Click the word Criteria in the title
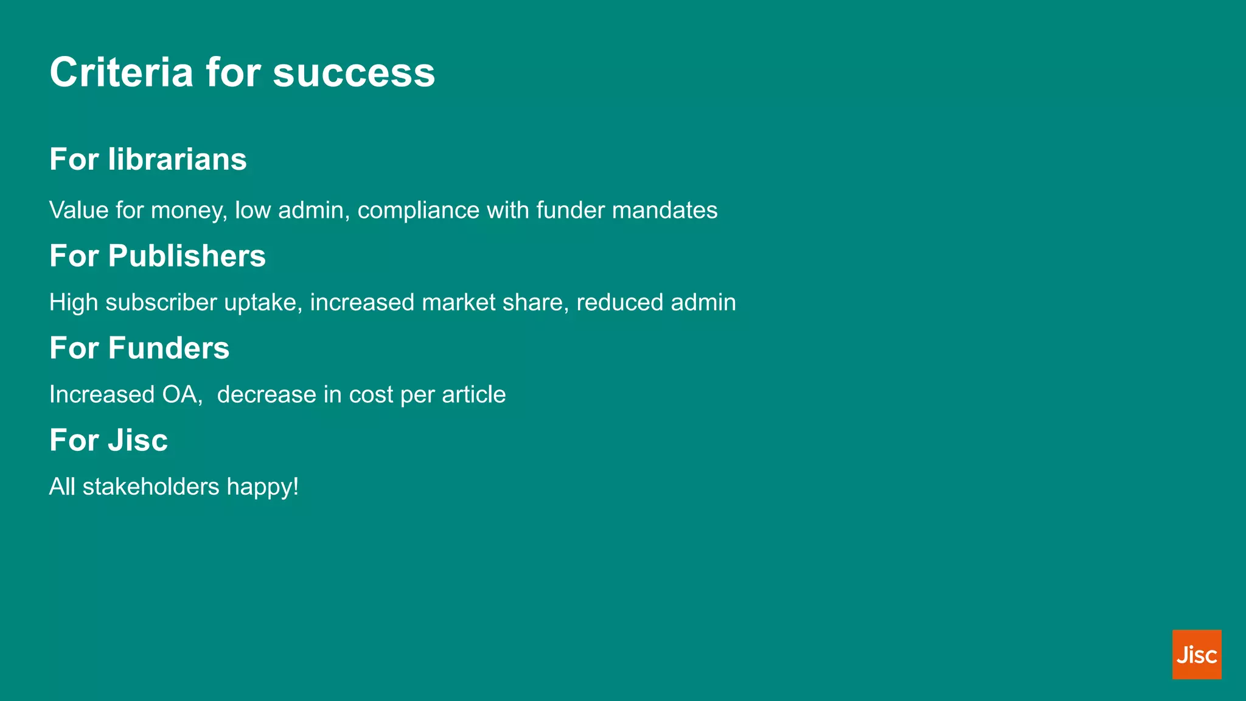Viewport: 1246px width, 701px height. pyautogui.click(x=121, y=72)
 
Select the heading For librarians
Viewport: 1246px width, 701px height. pyautogui.click(x=148, y=159)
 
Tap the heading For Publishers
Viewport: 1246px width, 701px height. pyautogui.click(x=158, y=256)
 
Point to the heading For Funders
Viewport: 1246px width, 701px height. pyautogui.click(x=139, y=348)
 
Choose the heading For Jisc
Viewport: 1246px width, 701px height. pyautogui.click(x=108, y=440)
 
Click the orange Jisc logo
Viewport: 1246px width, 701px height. pyautogui.click(x=1196, y=654)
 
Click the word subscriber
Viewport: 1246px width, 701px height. pyautogui.click(x=161, y=302)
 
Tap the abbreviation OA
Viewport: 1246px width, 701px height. pyautogui.click(x=181, y=395)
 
